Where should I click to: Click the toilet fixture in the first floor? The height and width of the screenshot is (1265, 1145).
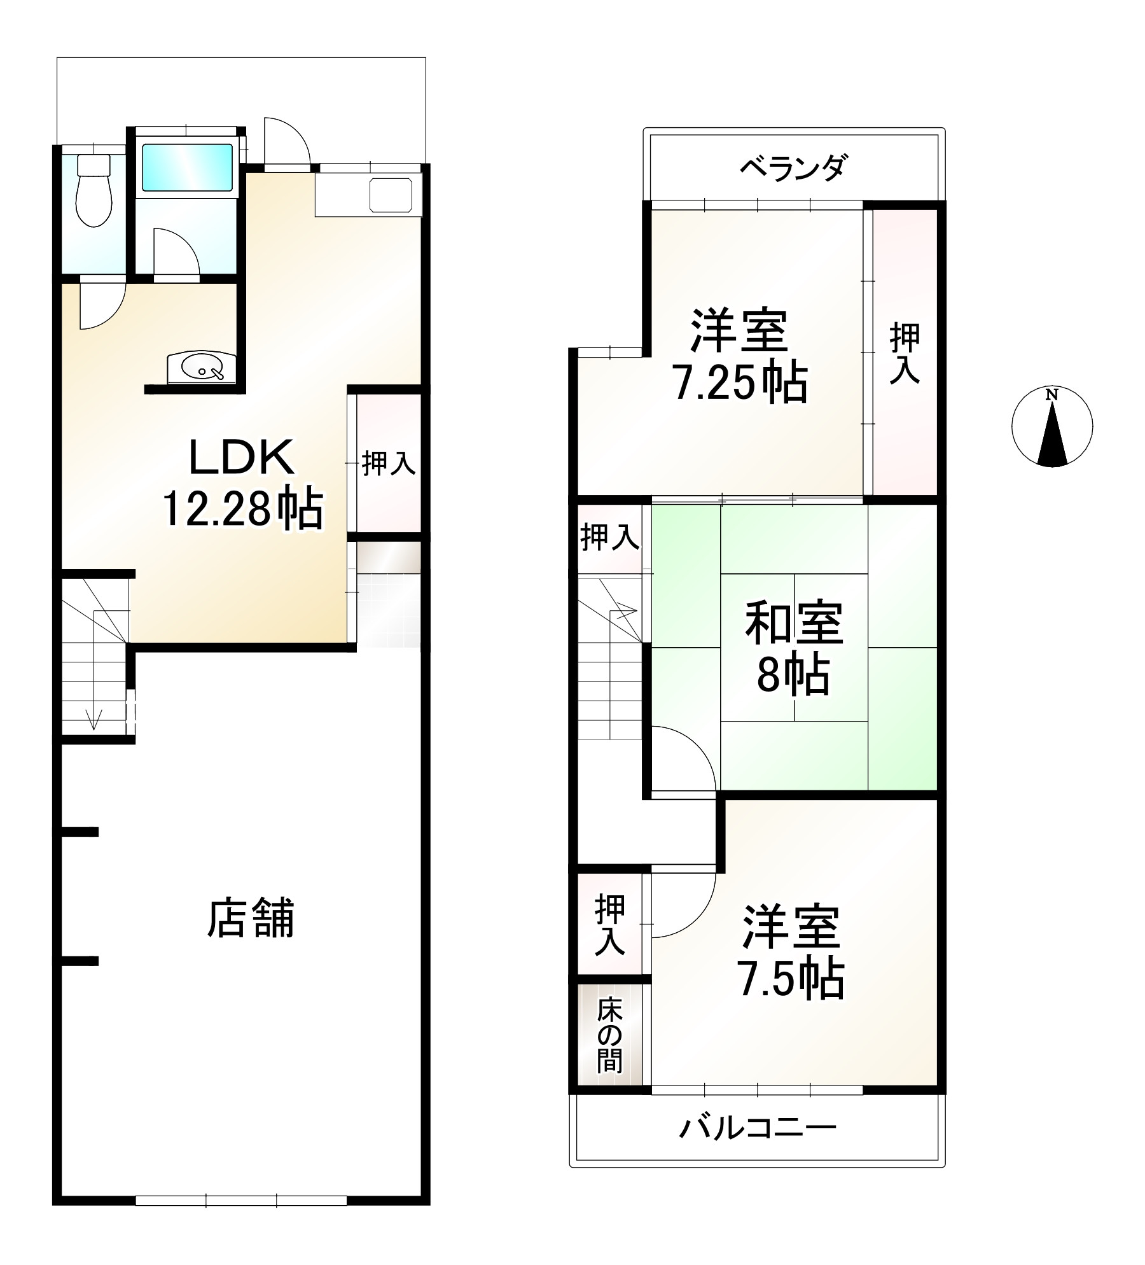94,190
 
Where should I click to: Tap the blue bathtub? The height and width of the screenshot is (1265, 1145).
187,167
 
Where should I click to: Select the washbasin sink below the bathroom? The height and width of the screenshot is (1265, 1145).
202,368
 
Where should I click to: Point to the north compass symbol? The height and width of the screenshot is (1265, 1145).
1051,427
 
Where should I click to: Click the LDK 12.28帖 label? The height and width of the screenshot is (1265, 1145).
243,483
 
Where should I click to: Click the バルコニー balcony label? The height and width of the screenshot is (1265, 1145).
757,1128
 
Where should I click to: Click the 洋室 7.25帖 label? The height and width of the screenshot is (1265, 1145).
740,356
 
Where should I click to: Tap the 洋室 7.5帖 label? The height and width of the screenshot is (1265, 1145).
791,953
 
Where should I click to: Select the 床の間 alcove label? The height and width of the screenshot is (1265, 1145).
609,1035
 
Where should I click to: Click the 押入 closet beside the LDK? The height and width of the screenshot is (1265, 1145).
388,463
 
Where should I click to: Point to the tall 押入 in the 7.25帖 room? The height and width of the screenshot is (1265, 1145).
905,353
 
